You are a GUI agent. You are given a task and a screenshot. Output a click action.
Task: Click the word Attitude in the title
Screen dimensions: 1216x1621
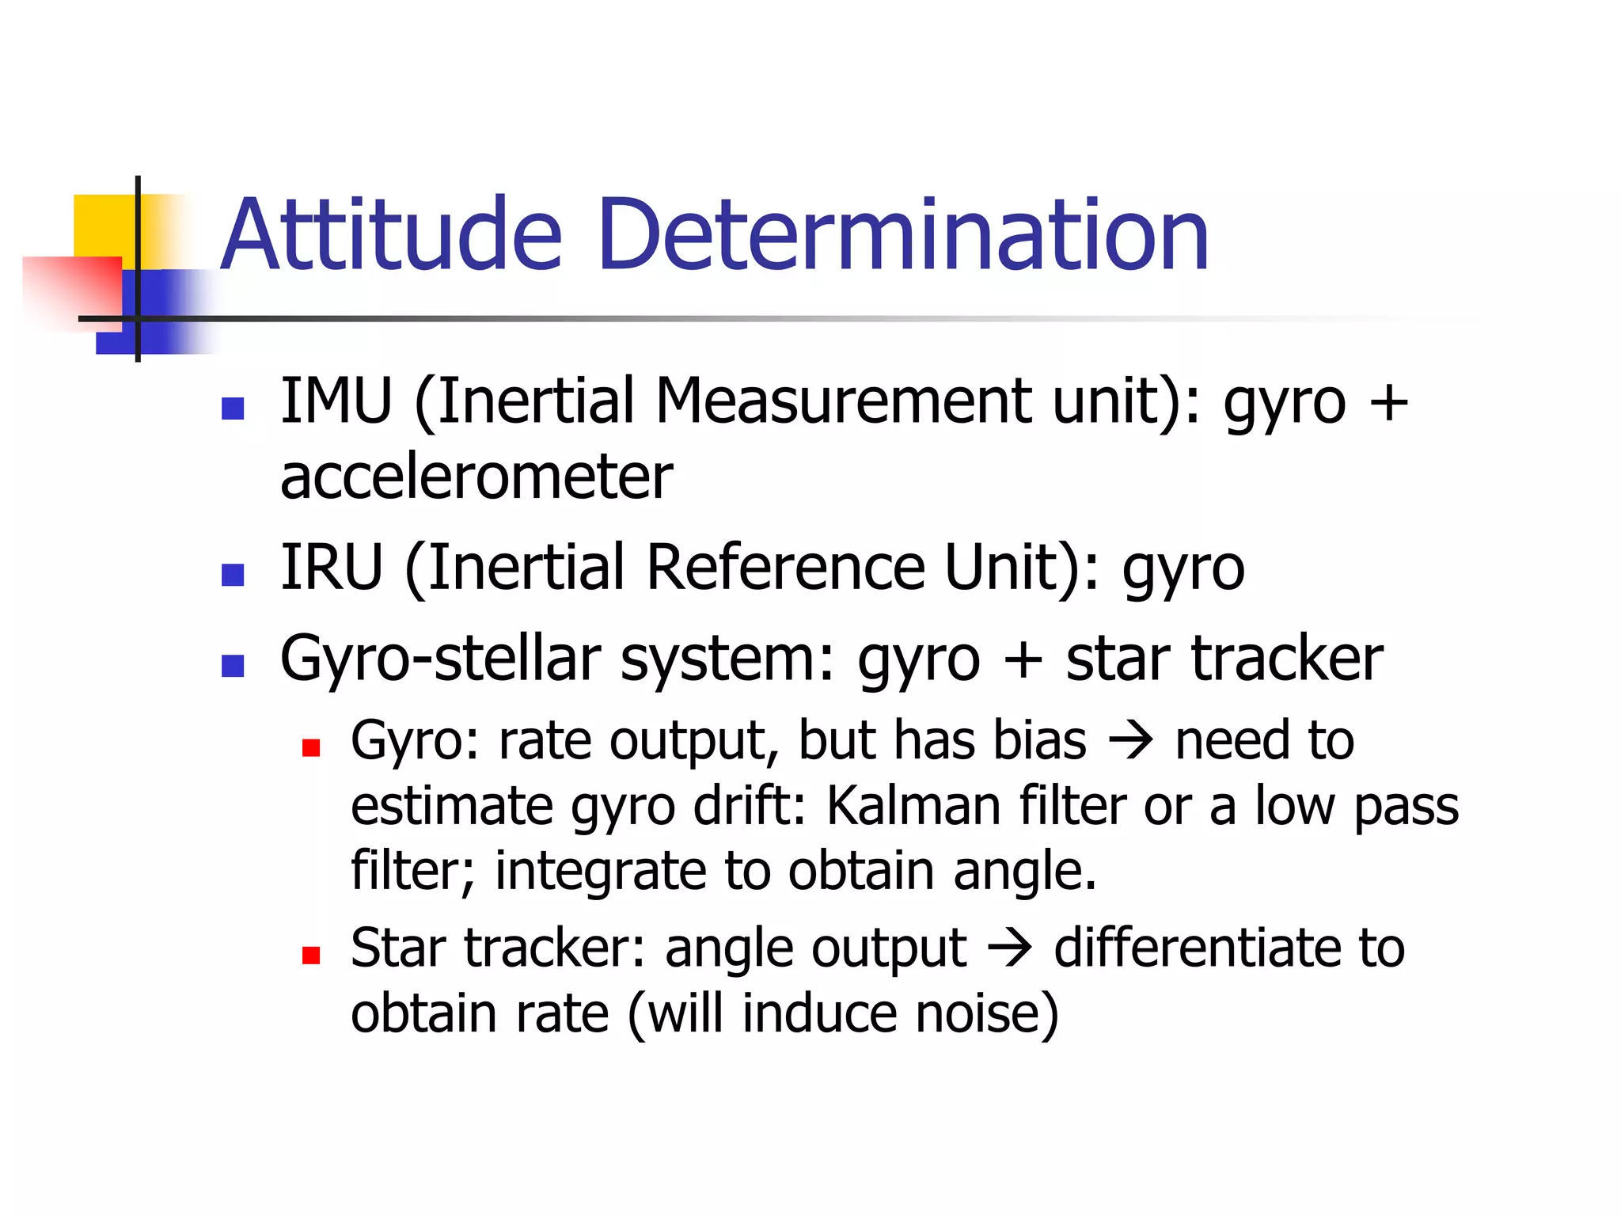click(x=391, y=235)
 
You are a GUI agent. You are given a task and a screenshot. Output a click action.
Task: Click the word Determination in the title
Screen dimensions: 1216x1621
click(x=903, y=235)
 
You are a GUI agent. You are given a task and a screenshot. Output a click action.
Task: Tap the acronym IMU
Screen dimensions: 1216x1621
click(x=336, y=401)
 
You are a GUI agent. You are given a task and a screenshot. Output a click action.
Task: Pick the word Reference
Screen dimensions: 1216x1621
click(x=786, y=568)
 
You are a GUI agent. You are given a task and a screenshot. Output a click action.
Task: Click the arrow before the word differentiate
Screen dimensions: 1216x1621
click(x=1010, y=948)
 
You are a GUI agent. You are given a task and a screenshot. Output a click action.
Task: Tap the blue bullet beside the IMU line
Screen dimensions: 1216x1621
click(x=233, y=408)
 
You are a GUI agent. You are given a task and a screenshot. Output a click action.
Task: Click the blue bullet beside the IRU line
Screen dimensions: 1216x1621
click(x=233, y=575)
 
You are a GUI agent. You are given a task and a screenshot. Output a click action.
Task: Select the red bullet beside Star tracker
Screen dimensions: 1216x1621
click(x=311, y=956)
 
